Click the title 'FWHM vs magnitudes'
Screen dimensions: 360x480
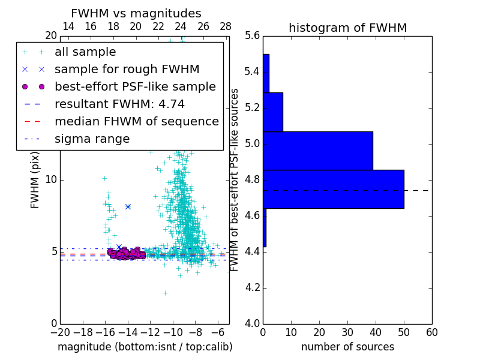136,14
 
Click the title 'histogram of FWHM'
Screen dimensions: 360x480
347,28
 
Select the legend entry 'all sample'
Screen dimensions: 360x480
85,52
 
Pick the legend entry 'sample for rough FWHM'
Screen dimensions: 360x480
127,69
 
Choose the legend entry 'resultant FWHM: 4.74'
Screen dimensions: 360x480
119,104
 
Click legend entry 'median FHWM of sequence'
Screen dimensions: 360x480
136,121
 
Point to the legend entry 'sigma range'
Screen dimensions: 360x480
92,139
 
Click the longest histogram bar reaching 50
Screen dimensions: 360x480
334,189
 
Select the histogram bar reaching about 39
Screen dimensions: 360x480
318,151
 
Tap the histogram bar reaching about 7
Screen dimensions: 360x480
273,112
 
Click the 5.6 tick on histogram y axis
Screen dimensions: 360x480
253,36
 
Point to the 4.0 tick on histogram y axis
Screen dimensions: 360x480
253,323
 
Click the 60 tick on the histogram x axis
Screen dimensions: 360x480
431,332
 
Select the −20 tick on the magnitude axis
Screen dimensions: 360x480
60,332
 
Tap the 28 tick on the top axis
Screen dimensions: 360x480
226,26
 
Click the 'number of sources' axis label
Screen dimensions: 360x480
347,347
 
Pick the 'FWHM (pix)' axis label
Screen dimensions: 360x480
35,179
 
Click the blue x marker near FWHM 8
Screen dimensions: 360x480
128,206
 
